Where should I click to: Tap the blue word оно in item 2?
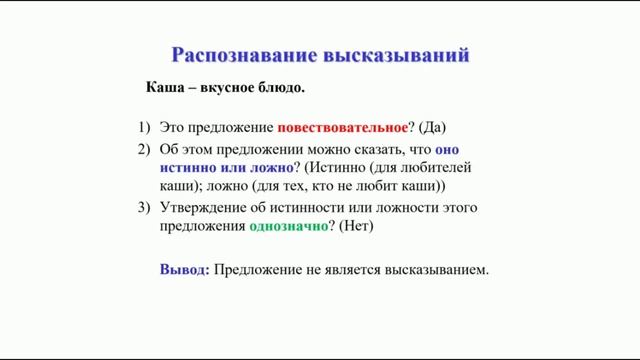click(x=451, y=148)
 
